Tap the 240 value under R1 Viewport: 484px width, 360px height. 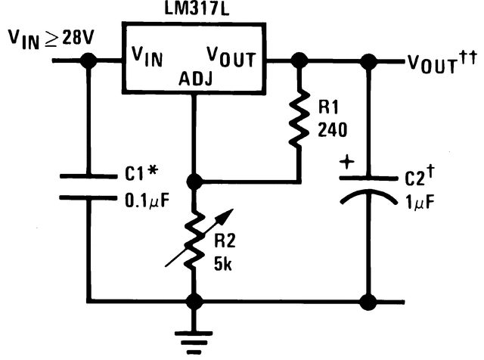tap(333, 130)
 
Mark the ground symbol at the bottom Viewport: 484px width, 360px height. tap(195, 337)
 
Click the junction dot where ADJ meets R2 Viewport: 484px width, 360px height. tap(195, 182)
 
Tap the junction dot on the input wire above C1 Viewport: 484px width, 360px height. tap(88, 62)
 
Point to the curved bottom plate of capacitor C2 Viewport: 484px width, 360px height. tap(368, 197)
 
